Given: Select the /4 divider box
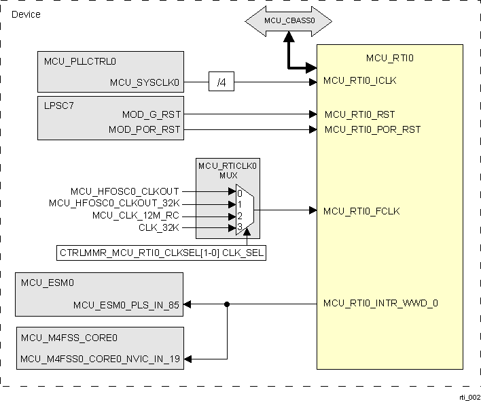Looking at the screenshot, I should pos(221,83).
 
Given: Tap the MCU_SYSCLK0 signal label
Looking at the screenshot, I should pos(145,83).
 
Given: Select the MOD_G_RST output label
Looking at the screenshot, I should pos(151,114).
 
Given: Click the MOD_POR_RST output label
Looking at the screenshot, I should pos(145,129).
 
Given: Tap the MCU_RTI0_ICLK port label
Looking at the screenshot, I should pos(359,80).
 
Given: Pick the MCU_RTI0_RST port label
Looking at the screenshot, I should pos(359,114).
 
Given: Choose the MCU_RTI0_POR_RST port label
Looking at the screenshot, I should pos(372,129).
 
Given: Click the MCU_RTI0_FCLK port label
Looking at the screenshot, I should pos(361,211).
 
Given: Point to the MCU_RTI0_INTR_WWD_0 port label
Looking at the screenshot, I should pos(380,303).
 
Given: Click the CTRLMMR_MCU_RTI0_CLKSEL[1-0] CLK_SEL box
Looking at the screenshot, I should pos(162,254).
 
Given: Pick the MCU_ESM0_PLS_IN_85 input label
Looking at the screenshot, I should pos(126,305).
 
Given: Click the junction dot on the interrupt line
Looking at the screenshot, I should pos(227,304).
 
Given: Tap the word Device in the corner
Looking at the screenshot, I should pos(26,14).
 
